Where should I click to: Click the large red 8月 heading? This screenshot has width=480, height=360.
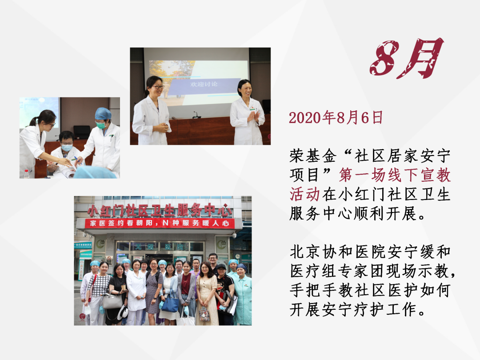[x=407, y=58]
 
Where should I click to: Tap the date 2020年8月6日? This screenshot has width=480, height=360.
[x=336, y=117]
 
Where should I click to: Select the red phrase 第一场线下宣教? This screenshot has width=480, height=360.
[x=395, y=175]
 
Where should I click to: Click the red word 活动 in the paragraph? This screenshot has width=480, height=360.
[x=304, y=194]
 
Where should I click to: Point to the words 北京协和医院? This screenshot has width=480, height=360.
[x=338, y=252]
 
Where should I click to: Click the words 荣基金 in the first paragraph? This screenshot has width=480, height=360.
[x=313, y=156]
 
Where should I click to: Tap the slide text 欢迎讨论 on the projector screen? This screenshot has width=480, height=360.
[x=204, y=84]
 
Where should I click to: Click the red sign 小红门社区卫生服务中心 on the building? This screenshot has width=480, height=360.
[x=160, y=210]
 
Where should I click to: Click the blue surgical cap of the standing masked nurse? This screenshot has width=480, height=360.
[x=103, y=114]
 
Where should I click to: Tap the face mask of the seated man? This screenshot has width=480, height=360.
[x=67, y=148]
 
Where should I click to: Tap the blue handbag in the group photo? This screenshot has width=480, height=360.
[x=170, y=304]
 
